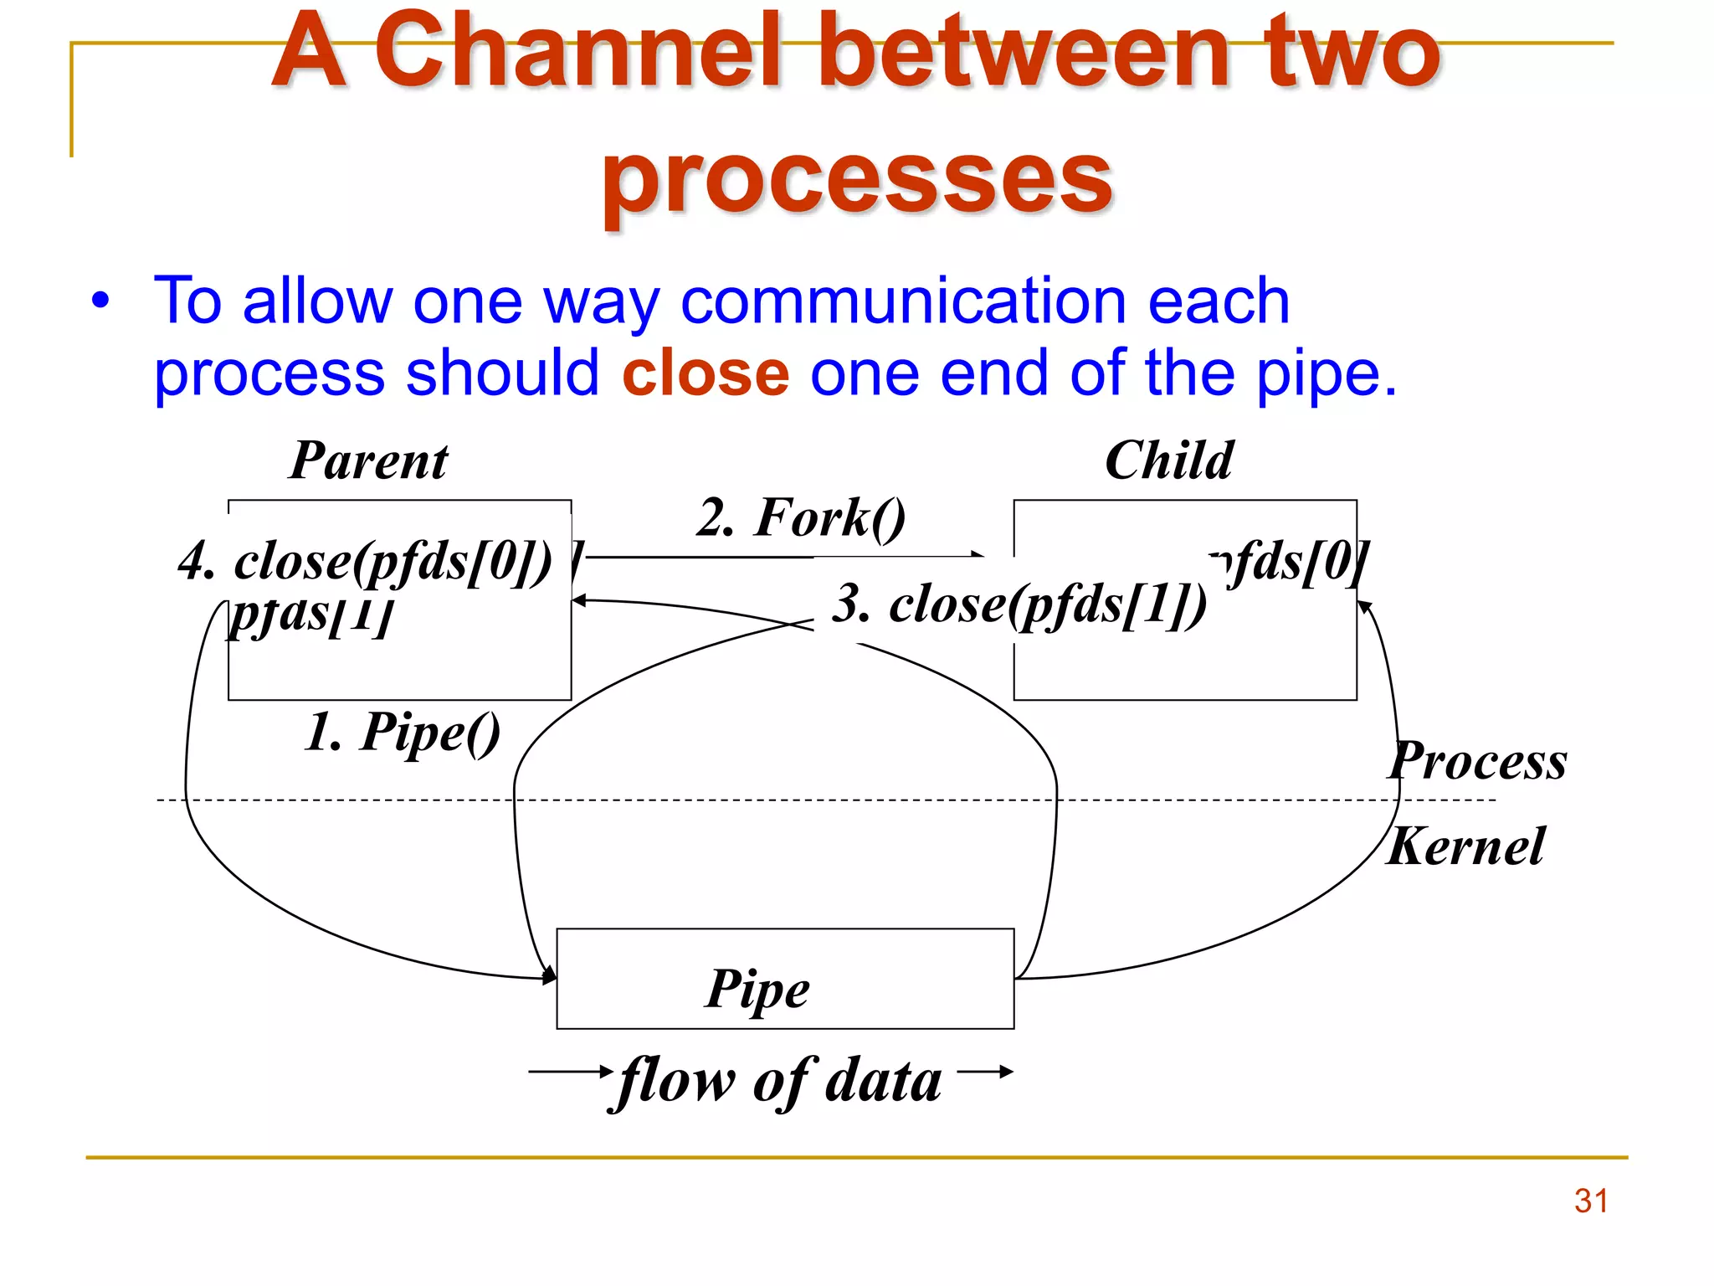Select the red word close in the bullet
[x=706, y=373]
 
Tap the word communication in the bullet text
[x=902, y=301]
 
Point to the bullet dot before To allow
[x=100, y=301]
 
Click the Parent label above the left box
[x=368, y=461]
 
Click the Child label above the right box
[x=1169, y=461]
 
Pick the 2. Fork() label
[x=801, y=518]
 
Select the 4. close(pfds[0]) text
[x=366, y=561]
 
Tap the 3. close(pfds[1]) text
[x=1019, y=604]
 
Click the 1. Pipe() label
[x=402, y=733]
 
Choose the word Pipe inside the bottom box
[x=757, y=990]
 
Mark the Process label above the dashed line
[x=1478, y=762]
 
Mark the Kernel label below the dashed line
[x=1466, y=847]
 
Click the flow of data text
[x=779, y=1080]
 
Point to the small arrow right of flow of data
[x=986, y=1071]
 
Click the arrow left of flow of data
[x=570, y=1071]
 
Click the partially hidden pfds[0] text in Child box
[x=1293, y=561]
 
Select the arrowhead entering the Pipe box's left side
[x=550, y=976]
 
